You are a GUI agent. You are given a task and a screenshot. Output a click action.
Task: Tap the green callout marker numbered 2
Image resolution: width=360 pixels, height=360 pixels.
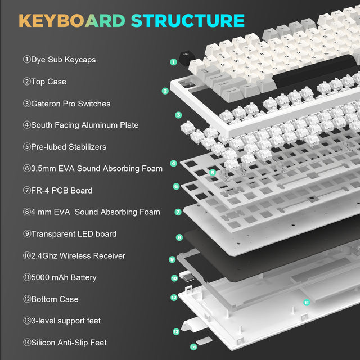click(x=165, y=91)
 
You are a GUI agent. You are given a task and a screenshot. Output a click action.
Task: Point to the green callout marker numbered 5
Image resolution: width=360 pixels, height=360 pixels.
click(x=212, y=172)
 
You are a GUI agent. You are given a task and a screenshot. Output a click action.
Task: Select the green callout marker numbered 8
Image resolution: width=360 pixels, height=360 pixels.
click(x=179, y=237)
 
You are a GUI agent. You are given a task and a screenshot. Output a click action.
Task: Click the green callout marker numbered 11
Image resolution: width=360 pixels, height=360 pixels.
click(x=307, y=303)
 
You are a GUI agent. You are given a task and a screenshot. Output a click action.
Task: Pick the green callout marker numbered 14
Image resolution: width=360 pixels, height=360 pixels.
click(x=193, y=347)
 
